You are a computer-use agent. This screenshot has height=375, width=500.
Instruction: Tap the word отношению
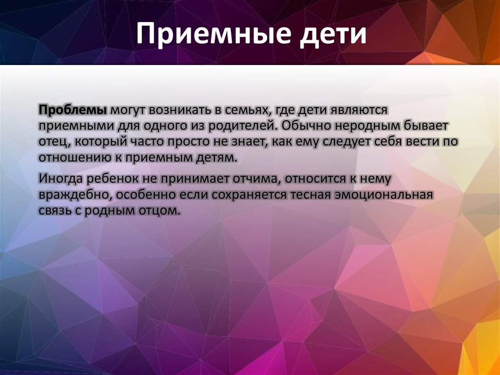click(77, 159)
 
